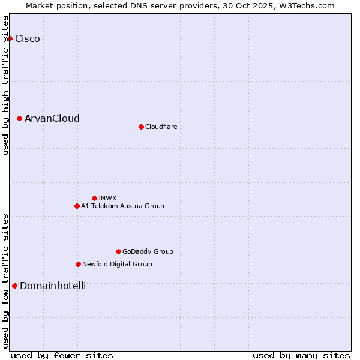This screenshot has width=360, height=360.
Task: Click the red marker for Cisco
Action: (10, 39)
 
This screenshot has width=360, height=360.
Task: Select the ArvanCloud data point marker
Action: (20, 119)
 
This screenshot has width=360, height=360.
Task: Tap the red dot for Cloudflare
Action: (141, 127)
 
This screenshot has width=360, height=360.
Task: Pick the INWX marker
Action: (94, 198)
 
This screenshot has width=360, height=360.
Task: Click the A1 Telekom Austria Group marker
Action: (77, 206)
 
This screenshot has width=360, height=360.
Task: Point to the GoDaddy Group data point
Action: (118, 251)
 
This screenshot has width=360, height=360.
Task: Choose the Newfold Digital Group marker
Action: (78, 264)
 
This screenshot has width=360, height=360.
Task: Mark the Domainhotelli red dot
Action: (14, 286)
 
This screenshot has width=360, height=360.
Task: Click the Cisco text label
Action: (28, 39)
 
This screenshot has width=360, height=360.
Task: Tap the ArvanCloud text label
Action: (52, 119)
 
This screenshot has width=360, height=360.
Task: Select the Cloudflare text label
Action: (161, 127)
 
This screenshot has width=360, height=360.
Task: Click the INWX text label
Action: (108, 198)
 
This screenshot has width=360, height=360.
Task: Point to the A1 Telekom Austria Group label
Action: (122, 206)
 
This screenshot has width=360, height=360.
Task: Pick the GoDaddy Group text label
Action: (148, 251)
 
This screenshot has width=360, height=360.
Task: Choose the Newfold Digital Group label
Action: (117, 264)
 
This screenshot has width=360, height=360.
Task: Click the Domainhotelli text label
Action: (53, 286)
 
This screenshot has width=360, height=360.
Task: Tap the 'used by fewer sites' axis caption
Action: (62, 355)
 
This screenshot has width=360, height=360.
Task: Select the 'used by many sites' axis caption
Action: (301, 355)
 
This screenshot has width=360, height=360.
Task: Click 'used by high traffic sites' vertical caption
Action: (6, 85)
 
